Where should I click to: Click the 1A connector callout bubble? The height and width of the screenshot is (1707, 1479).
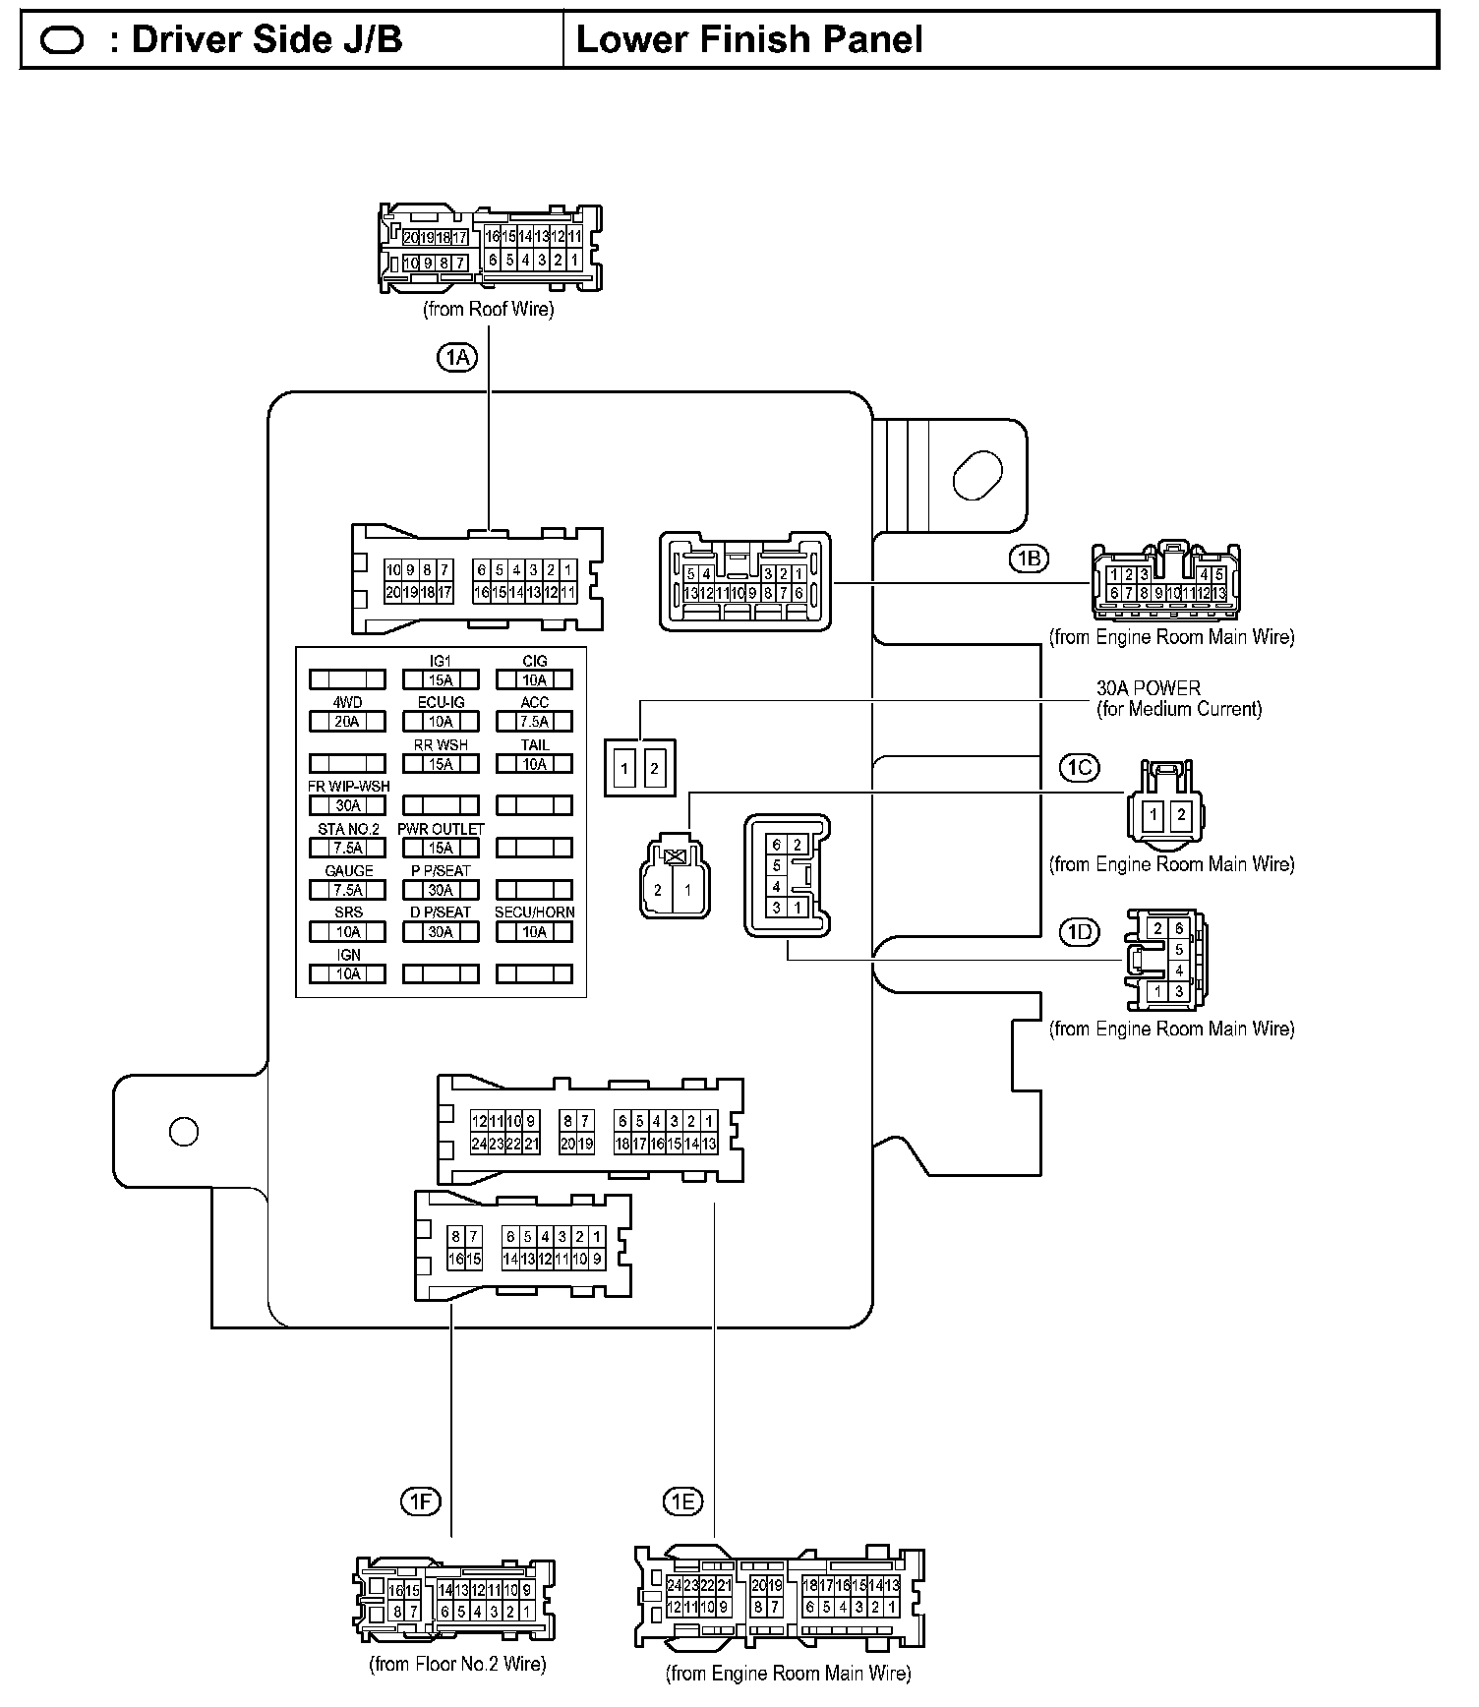456,357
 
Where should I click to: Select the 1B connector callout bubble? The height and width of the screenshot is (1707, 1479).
1029,559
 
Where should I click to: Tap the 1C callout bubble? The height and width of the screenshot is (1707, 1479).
1079,767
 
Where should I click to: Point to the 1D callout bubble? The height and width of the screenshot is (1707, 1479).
1079,931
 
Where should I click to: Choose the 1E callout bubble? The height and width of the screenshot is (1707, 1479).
682,1501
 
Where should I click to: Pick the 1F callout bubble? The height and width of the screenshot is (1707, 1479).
420,1501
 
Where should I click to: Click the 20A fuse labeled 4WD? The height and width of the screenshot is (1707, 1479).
347,722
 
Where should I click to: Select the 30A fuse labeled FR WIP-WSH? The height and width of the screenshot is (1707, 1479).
347,805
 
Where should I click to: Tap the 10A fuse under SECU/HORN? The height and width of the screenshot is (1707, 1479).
534,931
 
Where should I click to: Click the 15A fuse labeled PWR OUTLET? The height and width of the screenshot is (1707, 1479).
441,848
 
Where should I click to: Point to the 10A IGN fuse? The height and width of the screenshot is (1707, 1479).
347,973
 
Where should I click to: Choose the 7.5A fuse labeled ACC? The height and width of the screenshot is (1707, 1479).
534,722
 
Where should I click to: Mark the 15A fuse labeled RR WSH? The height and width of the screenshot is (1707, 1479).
441,764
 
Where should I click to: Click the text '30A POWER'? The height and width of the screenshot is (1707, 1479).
1149,688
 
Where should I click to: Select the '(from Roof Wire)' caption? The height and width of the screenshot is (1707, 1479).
489,309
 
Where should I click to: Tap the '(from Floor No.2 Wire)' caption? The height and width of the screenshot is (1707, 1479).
457,1664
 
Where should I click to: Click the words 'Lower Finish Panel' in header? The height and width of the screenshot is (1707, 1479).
749,39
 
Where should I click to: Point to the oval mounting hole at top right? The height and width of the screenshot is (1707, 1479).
978,475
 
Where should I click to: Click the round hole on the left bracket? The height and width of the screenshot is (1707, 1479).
184,1132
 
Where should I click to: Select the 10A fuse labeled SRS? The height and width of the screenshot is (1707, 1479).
347,931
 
